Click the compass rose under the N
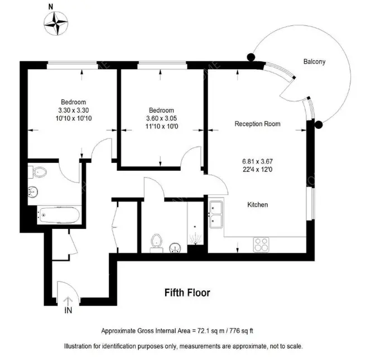pyautogui.click(x=56, y=23)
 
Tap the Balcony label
pyautogui.click(x=314, y=61)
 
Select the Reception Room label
pyautogui.click(x=257, y=124)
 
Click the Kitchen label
pyautogui.click(x=258, y=205)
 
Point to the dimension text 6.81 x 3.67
pyautogui.click(x=257, y=161)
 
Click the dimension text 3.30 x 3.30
pyautogui.click(x=74, y=111)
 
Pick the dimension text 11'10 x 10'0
pyautogui.click(x=162, y=126)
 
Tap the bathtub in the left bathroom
pyautogui.click(x=59, y=215)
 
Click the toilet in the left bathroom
pyautogui.click(x=37, y=172)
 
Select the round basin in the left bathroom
pyautogui.click(x=33, y=191)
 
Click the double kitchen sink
pyautogui.click(x=216, y=214)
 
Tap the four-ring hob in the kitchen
pyautogui.click(x=261, y=244)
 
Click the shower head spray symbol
pyautogui.click(x=195, y=238)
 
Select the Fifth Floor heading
pyautogui.click(x=187, y=292)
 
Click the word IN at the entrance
pyautogui.click(x=68, y=310)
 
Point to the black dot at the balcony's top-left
pyautogui.click(x=251, y=57)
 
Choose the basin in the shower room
pyautogui.click(x=175, y=247)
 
